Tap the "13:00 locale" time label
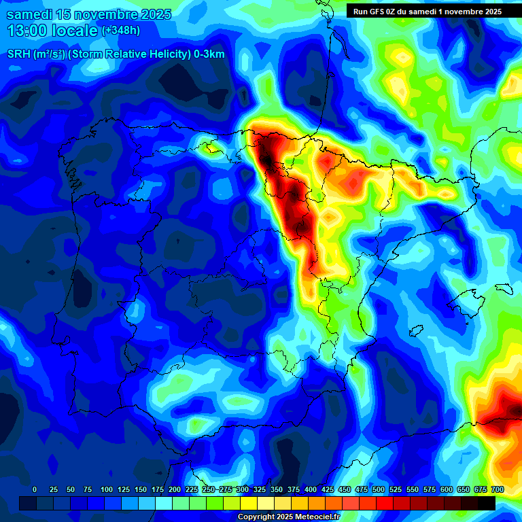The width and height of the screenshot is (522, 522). point(53,31)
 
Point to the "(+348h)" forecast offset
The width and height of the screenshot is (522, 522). point(120,31)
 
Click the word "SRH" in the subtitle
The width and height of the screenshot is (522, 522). point(18,54)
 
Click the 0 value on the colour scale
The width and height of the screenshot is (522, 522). point(35,489)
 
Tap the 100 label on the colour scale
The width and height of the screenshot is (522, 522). point(106,489)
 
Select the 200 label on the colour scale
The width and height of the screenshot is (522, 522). point(175,489)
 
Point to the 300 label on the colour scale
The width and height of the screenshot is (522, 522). point(243,489)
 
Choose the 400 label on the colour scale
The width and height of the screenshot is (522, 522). point(311,489)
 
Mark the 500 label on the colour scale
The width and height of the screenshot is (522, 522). point(379,489)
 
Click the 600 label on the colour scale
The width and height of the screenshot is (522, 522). point(447,489)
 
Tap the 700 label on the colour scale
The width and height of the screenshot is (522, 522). point(497,489)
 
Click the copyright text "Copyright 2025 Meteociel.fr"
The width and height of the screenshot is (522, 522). point(289,517)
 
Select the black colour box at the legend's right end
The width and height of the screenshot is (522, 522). point(487,503)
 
